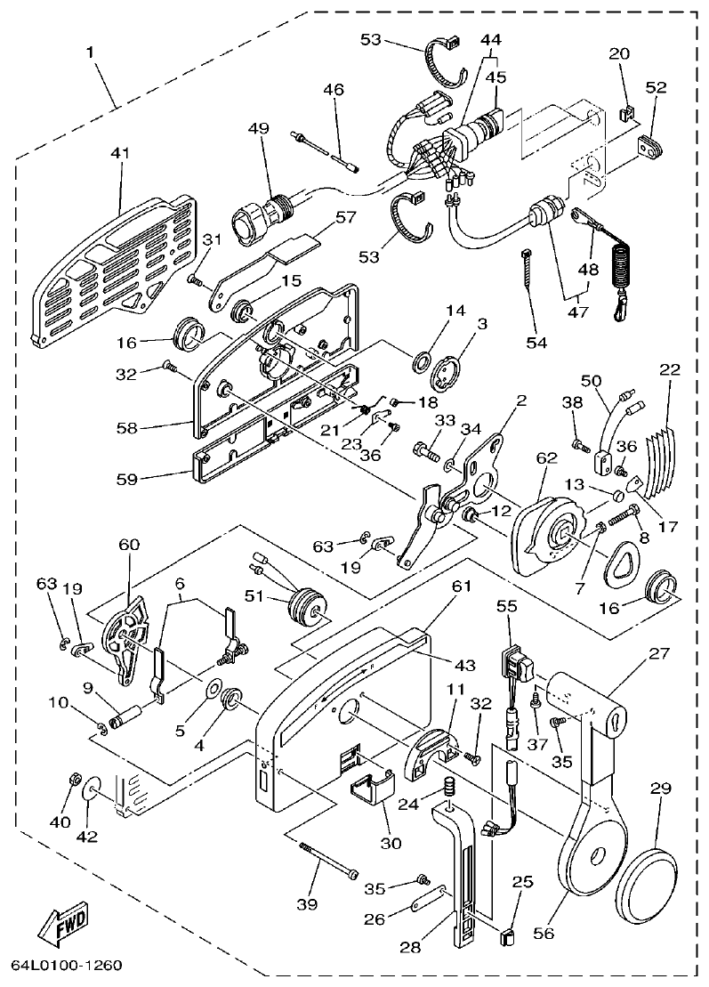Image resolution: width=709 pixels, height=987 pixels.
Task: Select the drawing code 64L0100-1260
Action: tap(67, 966)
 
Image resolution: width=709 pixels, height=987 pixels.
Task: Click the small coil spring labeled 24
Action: tap(450, 789)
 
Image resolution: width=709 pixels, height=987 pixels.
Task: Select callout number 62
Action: tap(546, 458)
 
